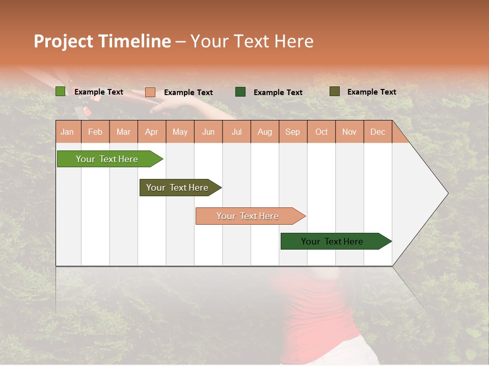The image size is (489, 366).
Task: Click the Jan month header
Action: (67, 132)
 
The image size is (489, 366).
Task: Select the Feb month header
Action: (95, 132)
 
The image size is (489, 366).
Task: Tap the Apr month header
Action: (151, 132)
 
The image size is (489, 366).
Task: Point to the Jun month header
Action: (208, 132)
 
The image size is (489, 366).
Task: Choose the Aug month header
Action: (264, 132)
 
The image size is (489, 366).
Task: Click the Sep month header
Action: (292, 132)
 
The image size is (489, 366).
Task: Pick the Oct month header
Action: (321, 132)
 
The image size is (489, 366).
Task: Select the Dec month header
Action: (377, 132)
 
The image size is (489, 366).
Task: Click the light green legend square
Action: (60, 91)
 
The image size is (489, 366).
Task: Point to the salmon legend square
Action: (150, 92)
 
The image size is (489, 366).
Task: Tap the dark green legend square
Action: (240, 91)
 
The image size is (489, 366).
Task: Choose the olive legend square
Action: (334, 91)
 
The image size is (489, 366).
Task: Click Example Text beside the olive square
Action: (371, 92)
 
